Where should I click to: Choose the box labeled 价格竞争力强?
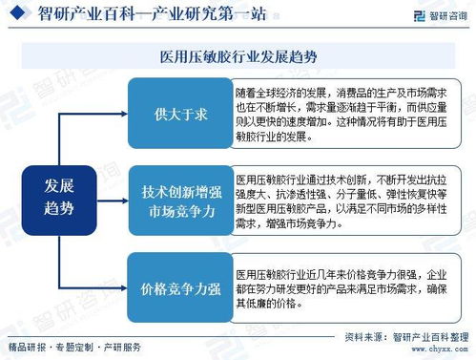pyautogui.click(x=178, y=288)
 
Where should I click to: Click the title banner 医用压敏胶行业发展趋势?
pyautogui.click(x=238, y=56)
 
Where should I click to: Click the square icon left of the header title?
pyautogui.click(x=21, y=14)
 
